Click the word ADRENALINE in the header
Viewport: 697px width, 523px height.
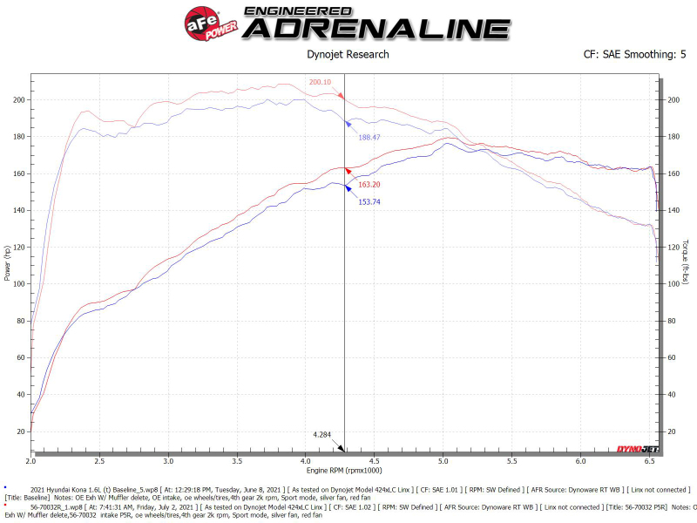point(376,28)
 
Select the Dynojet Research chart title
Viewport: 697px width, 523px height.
point(348,55)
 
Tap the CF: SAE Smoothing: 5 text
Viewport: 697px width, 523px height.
point(634,55)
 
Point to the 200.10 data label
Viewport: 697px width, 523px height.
point(320,82)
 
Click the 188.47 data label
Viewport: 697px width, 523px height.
point(369,137)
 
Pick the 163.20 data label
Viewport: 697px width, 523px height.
point(369,185)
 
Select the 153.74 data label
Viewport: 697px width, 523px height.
point(369,202)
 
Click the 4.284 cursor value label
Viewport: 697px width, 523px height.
point(323,433)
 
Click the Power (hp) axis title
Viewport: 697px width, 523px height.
point(7,263)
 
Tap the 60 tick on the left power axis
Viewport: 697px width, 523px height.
point(21,358)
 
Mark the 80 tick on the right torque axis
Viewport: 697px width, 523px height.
point(672,322)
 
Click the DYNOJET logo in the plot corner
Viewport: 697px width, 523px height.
point(638,449)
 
